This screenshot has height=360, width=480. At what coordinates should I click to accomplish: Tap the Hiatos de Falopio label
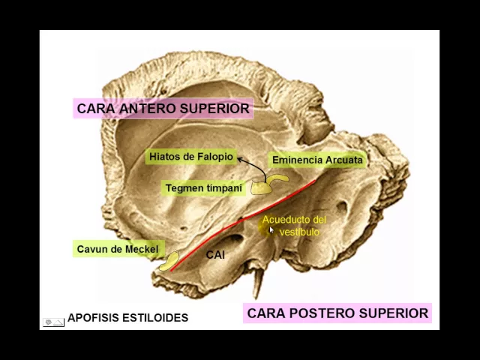(190, 157)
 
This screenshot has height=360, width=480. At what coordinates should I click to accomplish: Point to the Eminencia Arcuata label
(316, 160)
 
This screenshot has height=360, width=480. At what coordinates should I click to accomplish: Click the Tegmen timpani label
(203, 188)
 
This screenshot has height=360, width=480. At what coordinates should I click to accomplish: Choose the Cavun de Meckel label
(117, 249)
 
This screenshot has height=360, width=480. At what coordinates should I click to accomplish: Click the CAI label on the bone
(215, 255)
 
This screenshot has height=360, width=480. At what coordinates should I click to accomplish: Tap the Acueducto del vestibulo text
(295, 226)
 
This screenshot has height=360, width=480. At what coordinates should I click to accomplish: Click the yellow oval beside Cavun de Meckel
(170, 260)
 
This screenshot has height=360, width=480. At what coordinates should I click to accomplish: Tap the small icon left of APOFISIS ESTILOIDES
(52, 322)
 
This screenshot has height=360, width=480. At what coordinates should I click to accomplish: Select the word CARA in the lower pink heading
(264, 313)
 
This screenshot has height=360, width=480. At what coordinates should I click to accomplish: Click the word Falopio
(214, 157)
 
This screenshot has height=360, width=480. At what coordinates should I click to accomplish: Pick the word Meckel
(141, 249)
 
